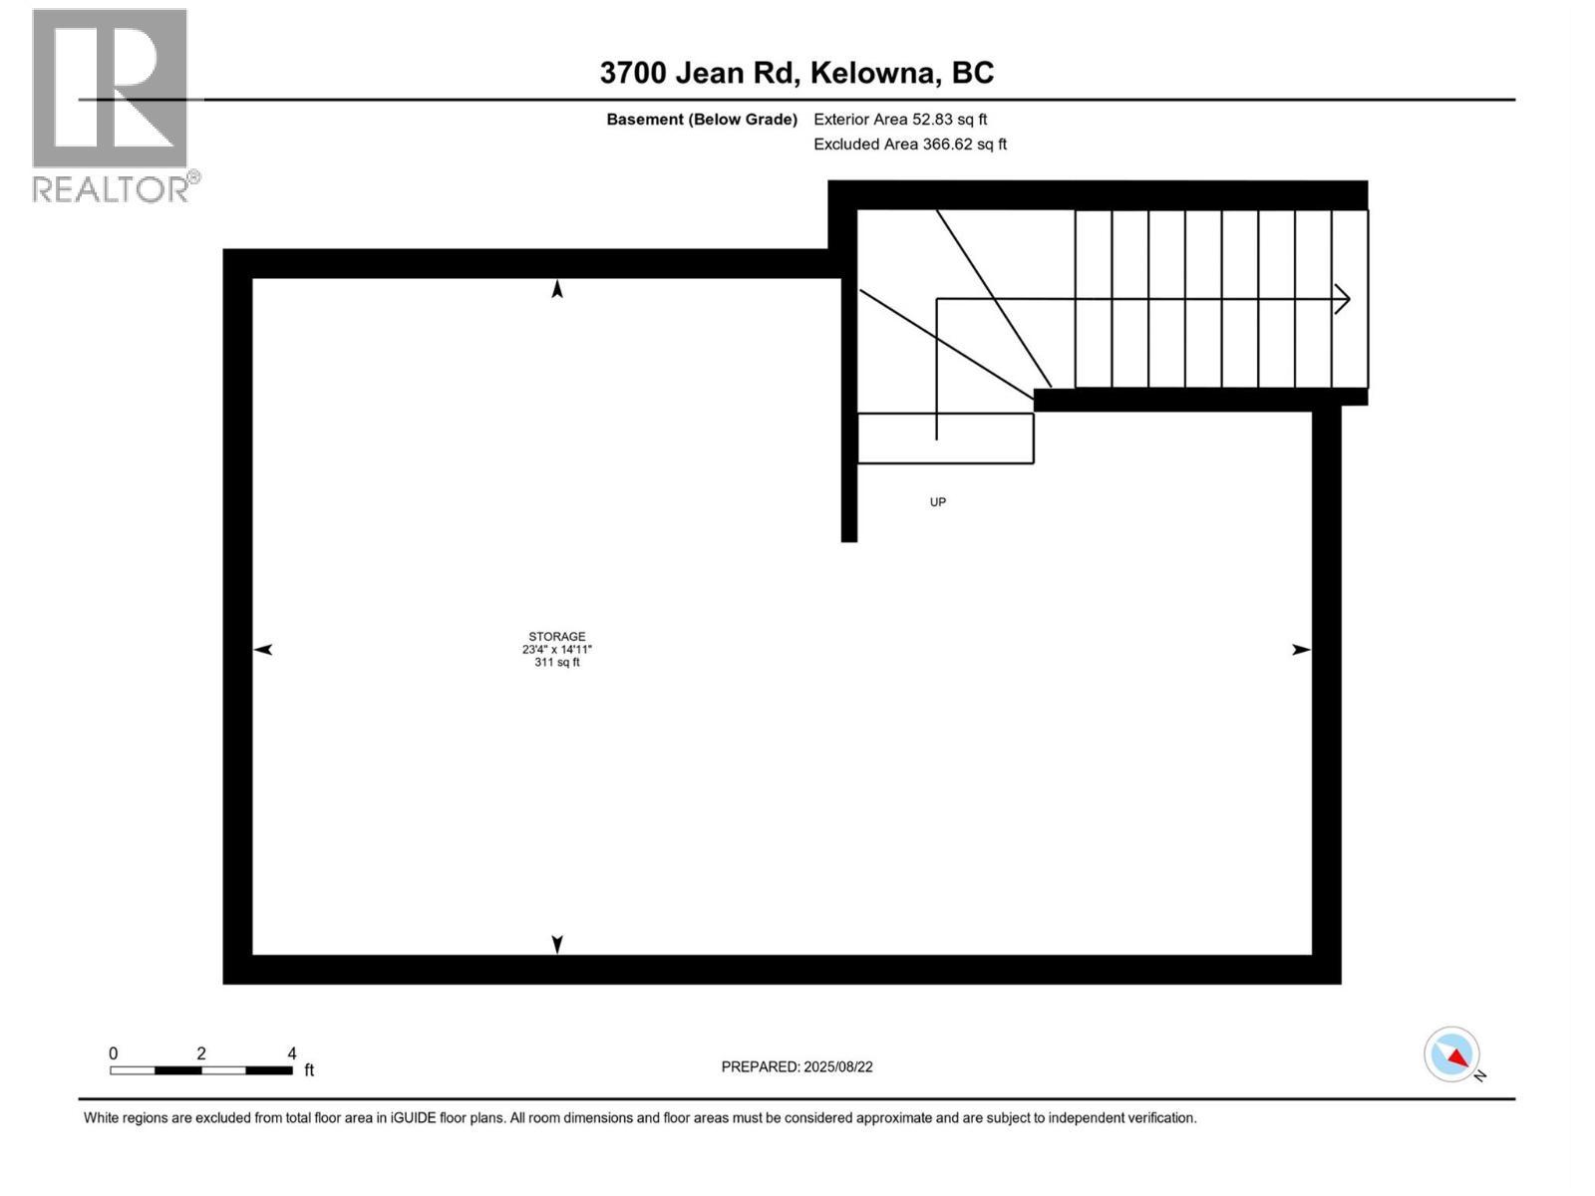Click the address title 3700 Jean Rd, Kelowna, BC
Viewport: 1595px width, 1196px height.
[797, 73]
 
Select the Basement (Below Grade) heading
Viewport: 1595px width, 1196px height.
[702, 120]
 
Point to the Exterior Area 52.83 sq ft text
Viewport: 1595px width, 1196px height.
[900, 120]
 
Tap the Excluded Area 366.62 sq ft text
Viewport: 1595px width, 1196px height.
[910, 145]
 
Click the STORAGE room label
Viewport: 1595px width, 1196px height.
[557, 636]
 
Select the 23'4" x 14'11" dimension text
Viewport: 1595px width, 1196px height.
[557, 649]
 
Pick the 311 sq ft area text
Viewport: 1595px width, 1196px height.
[557, 662]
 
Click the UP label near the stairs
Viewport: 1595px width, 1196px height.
[937, 502]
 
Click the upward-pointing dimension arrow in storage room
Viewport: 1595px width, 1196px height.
[557, 289]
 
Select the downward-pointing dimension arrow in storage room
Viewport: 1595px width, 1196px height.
[557, 943]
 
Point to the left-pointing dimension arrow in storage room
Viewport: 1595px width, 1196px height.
[263, 650]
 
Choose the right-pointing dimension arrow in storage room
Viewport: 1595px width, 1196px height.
[1301, 650]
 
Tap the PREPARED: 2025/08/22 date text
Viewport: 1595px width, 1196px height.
[797, 1066]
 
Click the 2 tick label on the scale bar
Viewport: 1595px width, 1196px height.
[201, 1053]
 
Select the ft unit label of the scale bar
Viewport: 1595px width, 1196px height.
[309, 1070]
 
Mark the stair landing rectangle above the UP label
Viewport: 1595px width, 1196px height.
[945, 439]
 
